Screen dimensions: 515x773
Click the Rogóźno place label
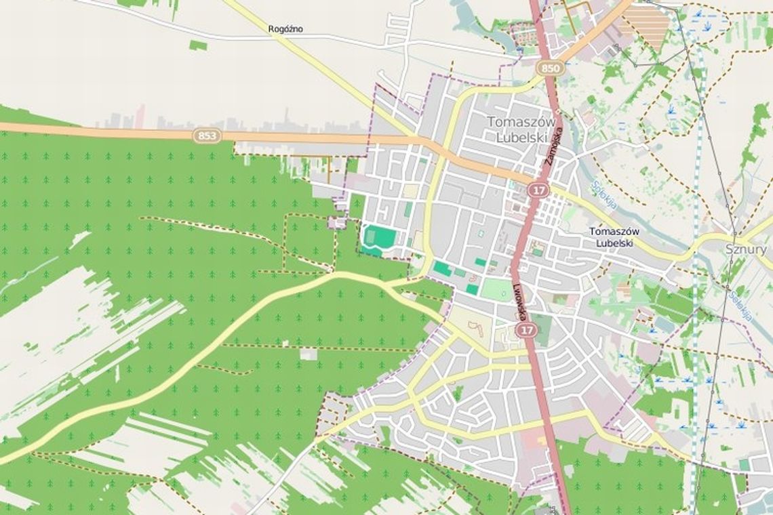click(x=285, y=28)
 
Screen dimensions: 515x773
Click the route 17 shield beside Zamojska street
click(x=538, y=190)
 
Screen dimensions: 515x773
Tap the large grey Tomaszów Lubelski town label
click(x=521, y=128)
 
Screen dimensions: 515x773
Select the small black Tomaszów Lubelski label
click(x=614, y=236)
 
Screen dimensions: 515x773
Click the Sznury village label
click(x=746, y=249)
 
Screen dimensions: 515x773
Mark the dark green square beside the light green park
click(x=472, y=289)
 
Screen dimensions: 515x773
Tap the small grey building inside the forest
click(x=309, y=354)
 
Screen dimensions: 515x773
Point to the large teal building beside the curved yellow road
click(x=442, y=269)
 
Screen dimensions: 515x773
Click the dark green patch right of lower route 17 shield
click(x=542, y=329)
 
